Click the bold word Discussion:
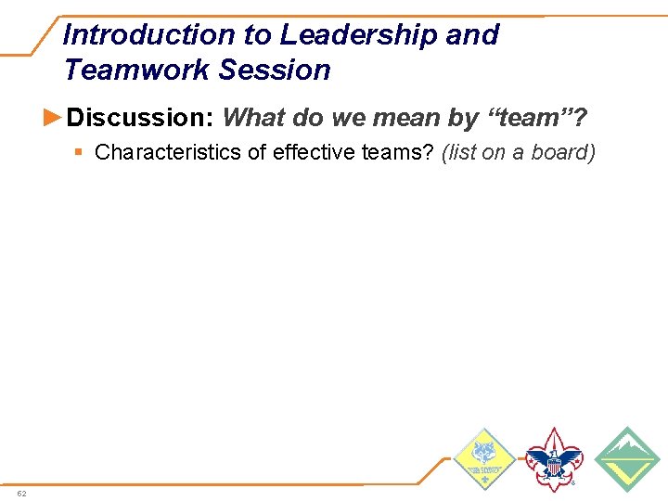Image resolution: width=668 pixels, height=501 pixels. pos(141,118)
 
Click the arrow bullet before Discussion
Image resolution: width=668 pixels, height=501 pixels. pos(55,117)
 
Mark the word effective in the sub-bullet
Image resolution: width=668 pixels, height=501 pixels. pos(313,152)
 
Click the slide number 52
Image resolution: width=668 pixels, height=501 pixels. pos(22,493)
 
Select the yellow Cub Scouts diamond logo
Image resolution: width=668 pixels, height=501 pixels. pos(484,460)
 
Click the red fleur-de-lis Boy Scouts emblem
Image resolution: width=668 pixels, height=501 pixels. pos(554,460)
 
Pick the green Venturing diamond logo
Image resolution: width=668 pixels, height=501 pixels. pos(627,460)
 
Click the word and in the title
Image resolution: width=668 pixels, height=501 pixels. pos(472,35)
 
